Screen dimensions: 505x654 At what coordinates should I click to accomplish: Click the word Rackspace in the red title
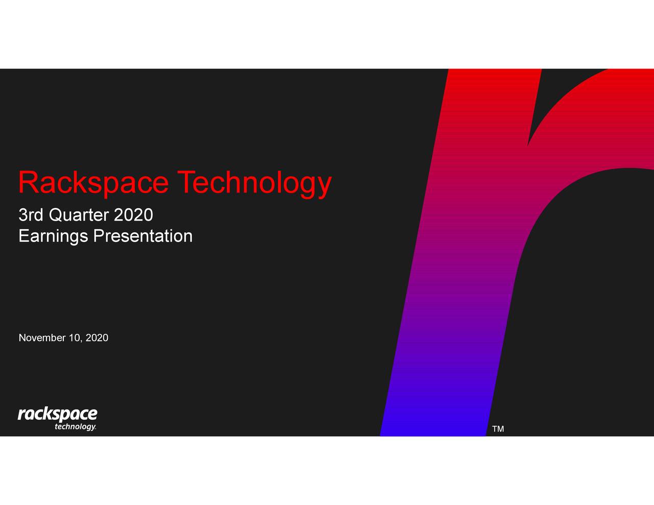[93, 183]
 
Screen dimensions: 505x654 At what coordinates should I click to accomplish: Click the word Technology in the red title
[254, 183]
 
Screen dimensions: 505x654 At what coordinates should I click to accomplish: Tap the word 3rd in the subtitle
[31, 215]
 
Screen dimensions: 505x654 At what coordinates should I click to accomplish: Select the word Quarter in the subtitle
[79, 215]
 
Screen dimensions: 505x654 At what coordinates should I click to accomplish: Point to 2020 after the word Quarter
[133, 215]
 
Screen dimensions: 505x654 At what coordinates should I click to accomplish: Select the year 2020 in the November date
[97, 338]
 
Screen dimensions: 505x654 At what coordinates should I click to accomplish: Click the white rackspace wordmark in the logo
[57, 414]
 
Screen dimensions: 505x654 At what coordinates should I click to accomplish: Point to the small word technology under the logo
[75, 427]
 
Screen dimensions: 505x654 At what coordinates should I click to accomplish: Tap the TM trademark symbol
[498, 429]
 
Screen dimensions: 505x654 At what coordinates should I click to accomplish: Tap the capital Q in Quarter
[55, 215]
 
